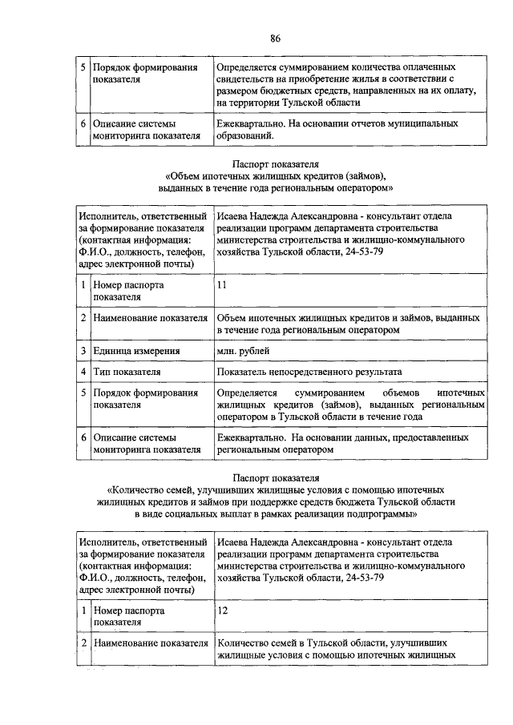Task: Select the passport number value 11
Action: tap(222, 284)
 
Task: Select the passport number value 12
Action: tap(222, 610)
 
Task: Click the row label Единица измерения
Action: tap(136, 351)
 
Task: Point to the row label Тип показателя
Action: tap(127, 372)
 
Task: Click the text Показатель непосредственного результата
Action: tap(309, 372)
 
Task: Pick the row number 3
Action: tap(83, 351)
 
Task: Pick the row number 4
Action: tap(83, 372)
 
